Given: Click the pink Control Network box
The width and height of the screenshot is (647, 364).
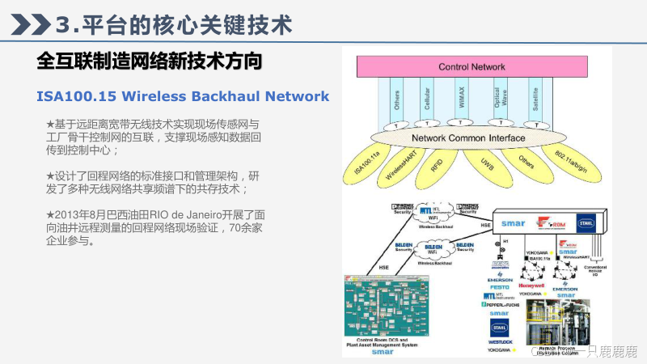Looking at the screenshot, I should pos(471,66).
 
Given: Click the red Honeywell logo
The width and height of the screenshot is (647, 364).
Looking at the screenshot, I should pos(531,286).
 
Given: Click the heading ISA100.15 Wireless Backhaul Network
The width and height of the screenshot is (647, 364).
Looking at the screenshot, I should pos(183,96).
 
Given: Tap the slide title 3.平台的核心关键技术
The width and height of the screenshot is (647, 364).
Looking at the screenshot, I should pos(174,24).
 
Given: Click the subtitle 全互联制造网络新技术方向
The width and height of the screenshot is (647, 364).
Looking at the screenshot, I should pos(150,61).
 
